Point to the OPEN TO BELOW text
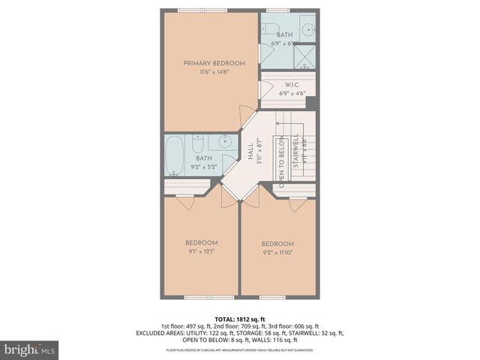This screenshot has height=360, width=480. (x=282, y=162)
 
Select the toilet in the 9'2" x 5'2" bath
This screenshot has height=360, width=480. (x=199, y=142)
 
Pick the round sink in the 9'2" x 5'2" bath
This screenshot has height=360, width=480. (x=224, y=142)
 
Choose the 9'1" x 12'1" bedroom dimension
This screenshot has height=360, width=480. (x=202, y=251)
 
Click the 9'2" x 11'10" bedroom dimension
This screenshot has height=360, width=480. (x=277, y=253)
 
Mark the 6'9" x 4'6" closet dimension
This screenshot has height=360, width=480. (x=292, y=94)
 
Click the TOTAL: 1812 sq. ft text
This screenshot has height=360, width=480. (x=240, y=319)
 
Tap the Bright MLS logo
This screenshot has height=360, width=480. (x=30, y=349)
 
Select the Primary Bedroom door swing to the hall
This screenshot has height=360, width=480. (x=245, y=116)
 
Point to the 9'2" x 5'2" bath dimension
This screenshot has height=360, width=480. (x=204, y=167)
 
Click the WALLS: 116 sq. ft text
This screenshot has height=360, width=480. (x=289, y=339)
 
